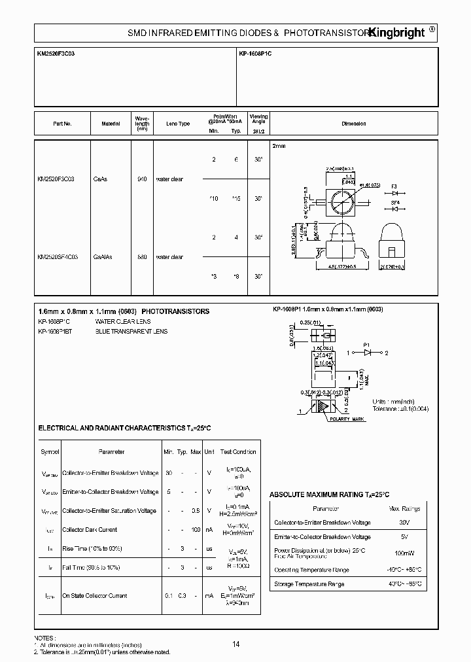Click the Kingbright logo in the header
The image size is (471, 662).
coord(398,32)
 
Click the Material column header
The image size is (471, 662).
coord(111,124)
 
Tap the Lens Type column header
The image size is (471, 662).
coord(178,124)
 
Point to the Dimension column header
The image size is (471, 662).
coord(354,124)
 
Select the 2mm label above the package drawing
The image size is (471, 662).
coord(279,146)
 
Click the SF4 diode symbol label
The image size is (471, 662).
coord(395,203)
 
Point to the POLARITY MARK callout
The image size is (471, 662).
coord(347,418)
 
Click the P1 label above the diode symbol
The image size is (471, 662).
coord(367,344)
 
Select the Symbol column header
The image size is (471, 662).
coord(50,452)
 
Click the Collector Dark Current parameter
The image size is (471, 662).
coord(90,530)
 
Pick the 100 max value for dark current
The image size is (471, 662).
coord(196,530)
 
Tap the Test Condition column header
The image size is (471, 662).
coord(238,452)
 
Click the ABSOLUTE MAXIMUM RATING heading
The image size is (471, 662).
coord(329,495)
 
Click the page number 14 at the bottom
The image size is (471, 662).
coord(235,644)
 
